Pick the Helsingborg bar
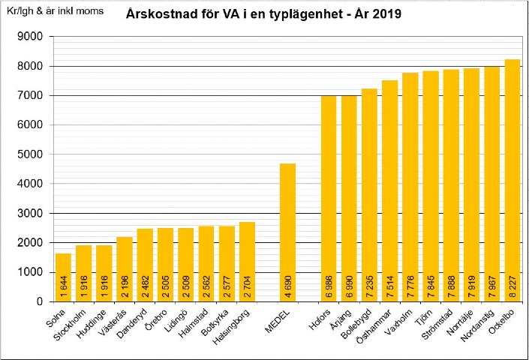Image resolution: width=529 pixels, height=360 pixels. click(248, 262)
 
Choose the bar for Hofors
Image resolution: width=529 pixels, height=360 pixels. click(329, 199)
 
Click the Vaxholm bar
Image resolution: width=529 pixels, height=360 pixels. click(410, 187)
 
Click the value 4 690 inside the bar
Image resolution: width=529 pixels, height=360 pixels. click(288, 286)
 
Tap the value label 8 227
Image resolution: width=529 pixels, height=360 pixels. click(512, 286)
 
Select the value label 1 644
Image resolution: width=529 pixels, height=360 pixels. click(64, 286)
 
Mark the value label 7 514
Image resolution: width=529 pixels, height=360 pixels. click(390, 286)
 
